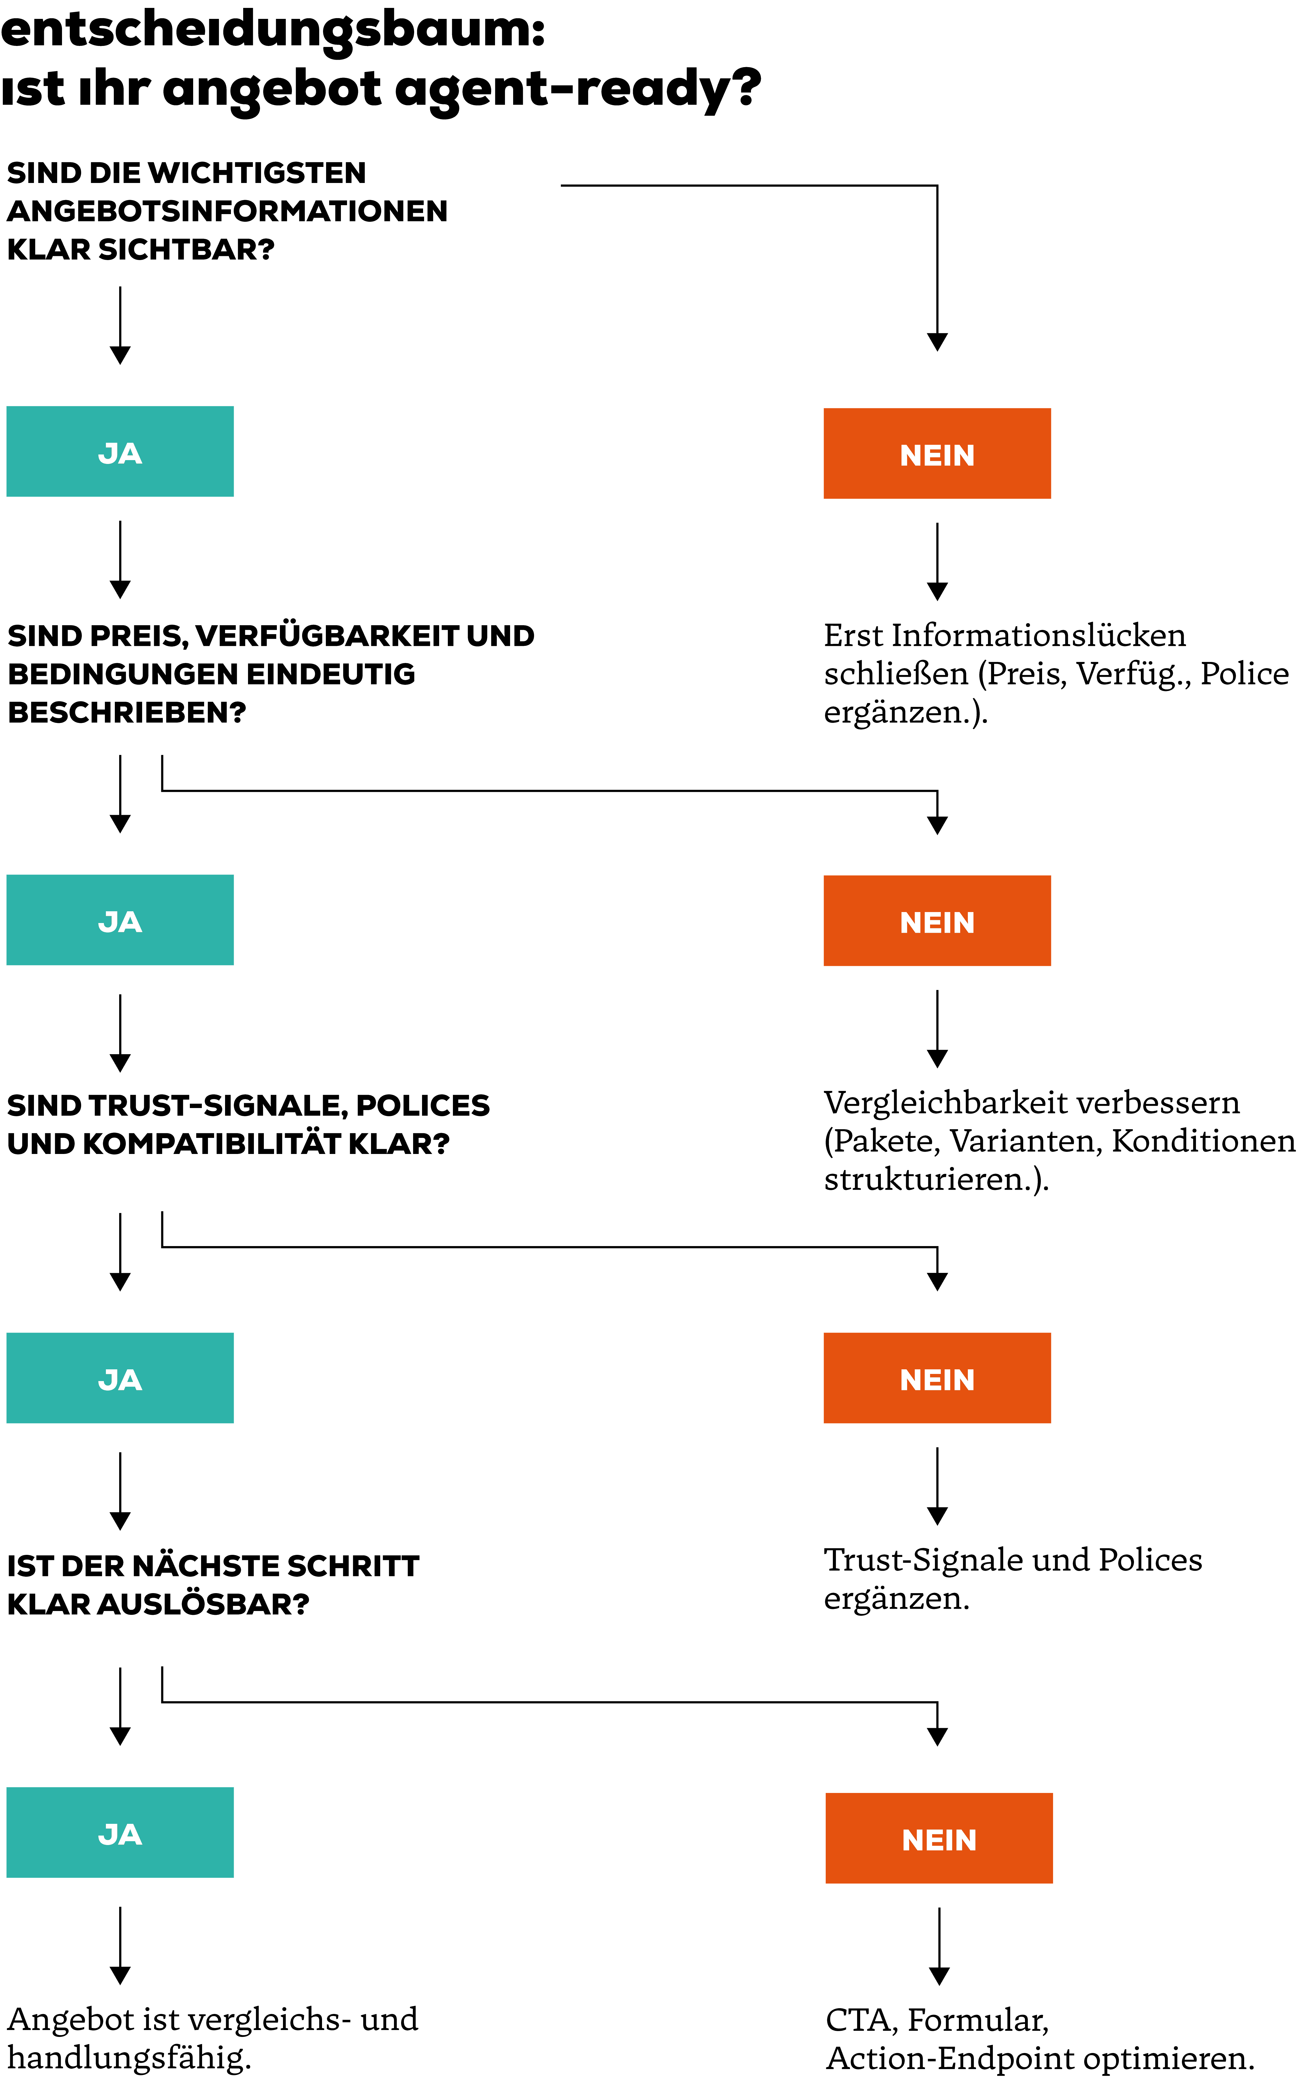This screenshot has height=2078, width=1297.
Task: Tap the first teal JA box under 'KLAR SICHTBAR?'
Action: pos(120,451)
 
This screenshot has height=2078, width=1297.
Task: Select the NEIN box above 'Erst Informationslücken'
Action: pos(937,454)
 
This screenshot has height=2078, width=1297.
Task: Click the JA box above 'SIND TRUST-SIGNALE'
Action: pos(120,920)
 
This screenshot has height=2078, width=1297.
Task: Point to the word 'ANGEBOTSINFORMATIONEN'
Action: pos(227,211)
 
